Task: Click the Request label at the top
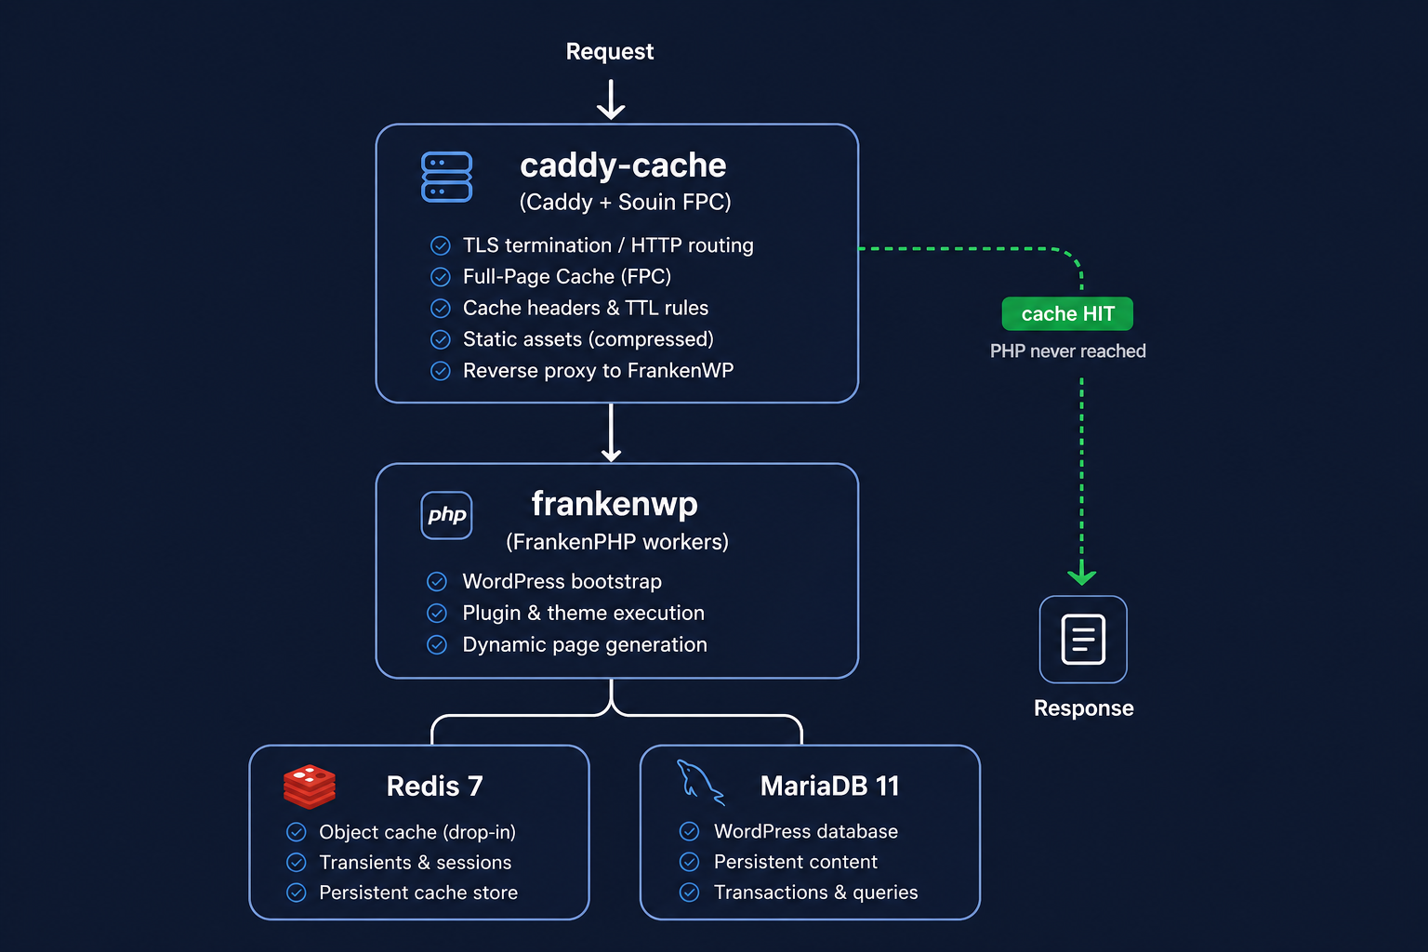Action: tap(609, 51)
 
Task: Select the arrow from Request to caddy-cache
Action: tap(611, 99)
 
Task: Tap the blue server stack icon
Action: tap(446, 177)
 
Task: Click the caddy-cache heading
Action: tap(623, 165)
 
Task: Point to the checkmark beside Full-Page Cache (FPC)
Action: tap(441, 277)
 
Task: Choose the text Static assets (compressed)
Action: tap(588, 339)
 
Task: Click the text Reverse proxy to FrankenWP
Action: tap(598, 371)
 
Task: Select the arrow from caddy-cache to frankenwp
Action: tap(611, 432)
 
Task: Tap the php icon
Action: tap(446, 515)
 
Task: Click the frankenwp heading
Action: tap(615, 504)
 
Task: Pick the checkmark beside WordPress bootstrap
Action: tap(437, 582)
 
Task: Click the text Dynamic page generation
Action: tap(585, 645)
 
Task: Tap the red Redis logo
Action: tap(310, 787)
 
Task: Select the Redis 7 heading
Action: tap(434, 787)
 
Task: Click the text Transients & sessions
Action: tap(415, 863)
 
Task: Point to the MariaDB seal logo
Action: tap(699, 782)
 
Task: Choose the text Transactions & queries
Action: tap(815, 892)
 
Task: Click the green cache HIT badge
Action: tap(1067, 314)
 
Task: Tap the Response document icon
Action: tap(1083, 640)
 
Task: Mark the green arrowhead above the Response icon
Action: tap(1081, 576)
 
